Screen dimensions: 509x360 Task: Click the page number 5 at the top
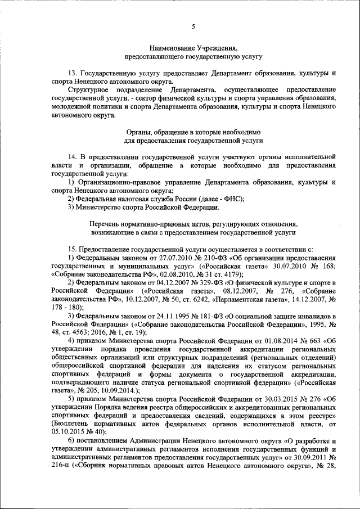click(193, 26)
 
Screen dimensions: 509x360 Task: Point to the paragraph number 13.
click(71, 74)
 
